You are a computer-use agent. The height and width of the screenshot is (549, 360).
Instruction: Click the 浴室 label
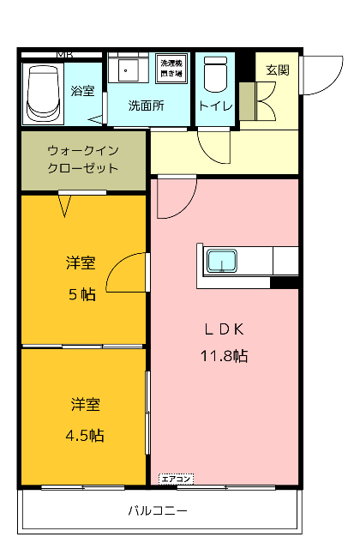[x=82, y=91]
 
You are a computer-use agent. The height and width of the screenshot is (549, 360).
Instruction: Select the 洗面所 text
[x=146, y=106]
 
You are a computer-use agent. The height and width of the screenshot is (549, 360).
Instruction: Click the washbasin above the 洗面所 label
[x=130, y=69]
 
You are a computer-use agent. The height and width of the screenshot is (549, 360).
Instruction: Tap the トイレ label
[x=213, y=106]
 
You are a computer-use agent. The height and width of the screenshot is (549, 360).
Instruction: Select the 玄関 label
[x=276, y=69]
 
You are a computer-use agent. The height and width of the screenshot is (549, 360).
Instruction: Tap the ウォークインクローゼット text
[x=83, y=159]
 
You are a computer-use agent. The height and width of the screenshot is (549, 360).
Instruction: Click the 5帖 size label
[x=82, y=294]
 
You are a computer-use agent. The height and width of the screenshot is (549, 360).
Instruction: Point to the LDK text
[x=225, y=329]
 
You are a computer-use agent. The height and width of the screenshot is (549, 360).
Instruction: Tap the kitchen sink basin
[x=224, y=260]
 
